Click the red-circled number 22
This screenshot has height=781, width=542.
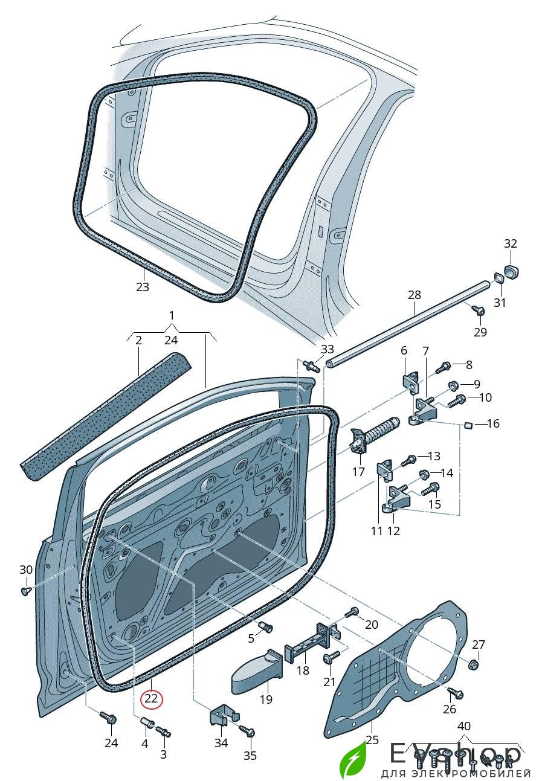[150, 699]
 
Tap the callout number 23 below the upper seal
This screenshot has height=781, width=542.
[142, 287]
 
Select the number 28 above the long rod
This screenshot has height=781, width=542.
[414, 295]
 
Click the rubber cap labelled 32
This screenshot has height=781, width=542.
[511, 271]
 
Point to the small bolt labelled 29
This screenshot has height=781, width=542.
[480, 311]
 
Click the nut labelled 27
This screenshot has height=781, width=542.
[474, 664]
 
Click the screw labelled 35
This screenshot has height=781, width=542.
[248, 731]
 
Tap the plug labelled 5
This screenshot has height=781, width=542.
[265, 627]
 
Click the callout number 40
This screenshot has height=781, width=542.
[463, 726]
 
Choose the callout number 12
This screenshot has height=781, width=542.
[394, 531]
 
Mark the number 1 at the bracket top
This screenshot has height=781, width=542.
[172, 315]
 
